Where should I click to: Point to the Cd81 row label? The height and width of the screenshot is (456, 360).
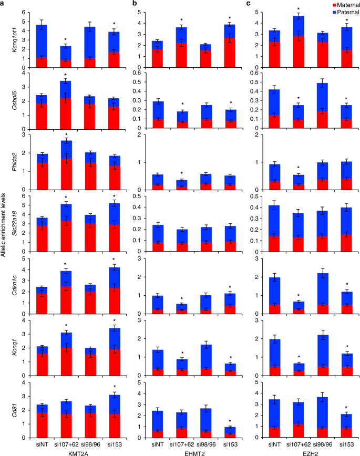click(10, 392)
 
